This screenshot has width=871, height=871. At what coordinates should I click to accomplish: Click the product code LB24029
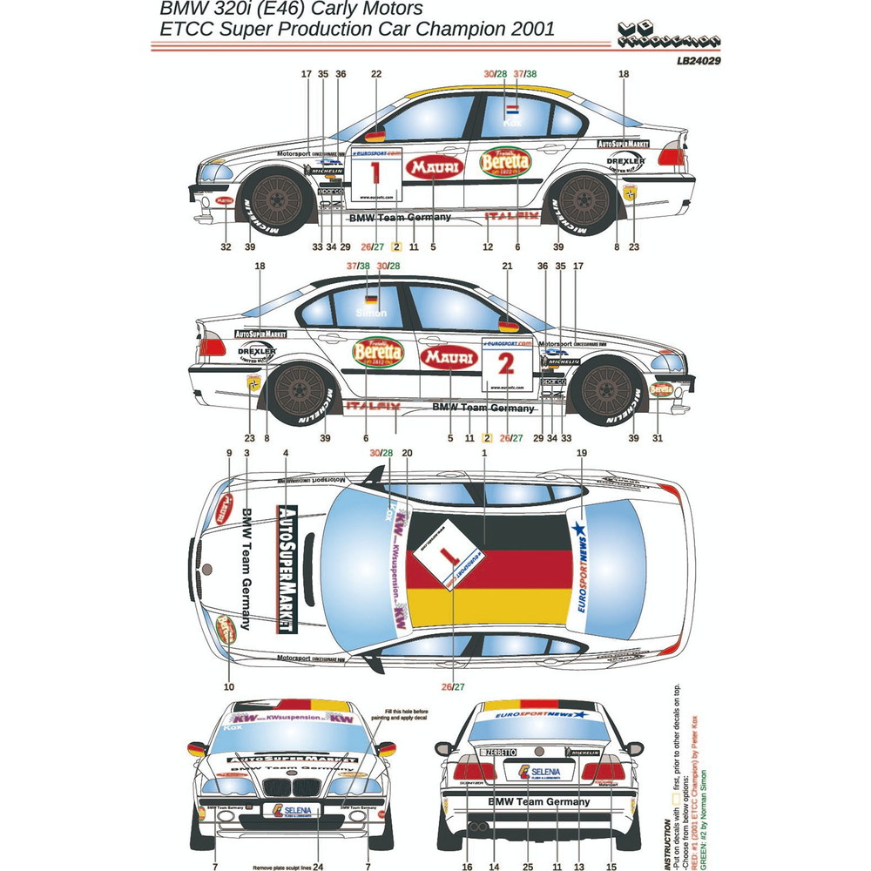point(696,62)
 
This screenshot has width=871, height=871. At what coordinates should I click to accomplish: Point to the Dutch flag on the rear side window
point(513,111)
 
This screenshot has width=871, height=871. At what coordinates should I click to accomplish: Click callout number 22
point(376,74)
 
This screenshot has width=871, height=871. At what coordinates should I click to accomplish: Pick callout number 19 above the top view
point(582,453)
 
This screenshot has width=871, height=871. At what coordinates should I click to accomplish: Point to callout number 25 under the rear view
point(528,866)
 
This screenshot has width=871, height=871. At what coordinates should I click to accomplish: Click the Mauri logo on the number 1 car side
point(435,168)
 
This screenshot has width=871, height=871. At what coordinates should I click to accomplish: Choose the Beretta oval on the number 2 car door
point(379,352)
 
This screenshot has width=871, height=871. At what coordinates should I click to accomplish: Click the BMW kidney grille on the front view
point(287,787)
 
